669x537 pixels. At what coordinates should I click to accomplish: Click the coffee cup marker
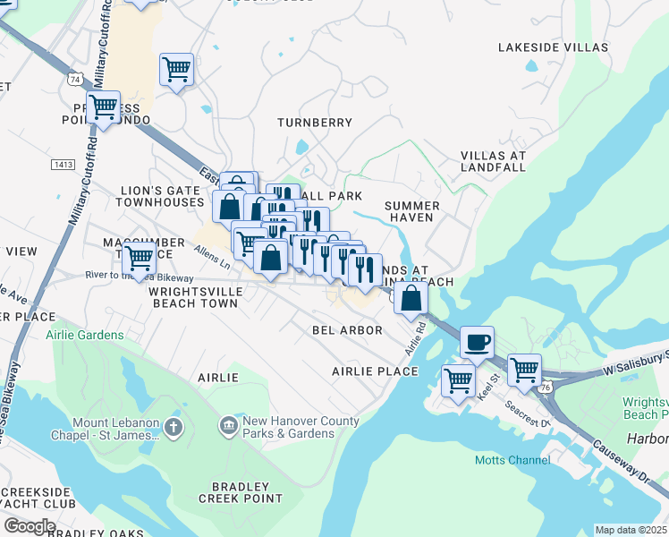tap(477, 341)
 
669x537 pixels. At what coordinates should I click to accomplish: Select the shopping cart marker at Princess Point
tap(105, 107)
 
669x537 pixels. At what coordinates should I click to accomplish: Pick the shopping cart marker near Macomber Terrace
tap(139, 258)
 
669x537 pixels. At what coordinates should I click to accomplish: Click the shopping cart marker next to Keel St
tap(459, 379)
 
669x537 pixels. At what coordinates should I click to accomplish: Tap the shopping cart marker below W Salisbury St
tap(524, 368)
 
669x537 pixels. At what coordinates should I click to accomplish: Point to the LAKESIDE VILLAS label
tap(553, 47)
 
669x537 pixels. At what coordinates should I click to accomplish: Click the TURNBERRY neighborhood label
tap(314, 122)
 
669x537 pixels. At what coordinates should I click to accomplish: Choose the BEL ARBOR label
tap(347, 330)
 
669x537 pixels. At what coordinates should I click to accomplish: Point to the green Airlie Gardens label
tap(85, 335)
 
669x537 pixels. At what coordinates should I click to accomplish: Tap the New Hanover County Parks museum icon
tap(229, 422)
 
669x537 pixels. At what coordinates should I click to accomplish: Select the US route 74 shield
tap(73, 80)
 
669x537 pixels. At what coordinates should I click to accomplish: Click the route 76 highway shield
tap(544, 386)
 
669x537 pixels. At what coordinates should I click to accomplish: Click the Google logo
tap(30, 525)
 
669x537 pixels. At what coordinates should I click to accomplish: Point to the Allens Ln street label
tap(213, 260)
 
